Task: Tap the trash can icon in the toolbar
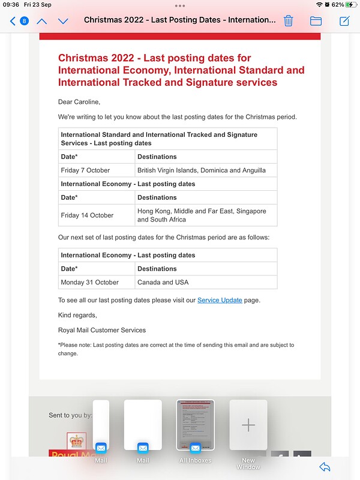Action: point(288,21)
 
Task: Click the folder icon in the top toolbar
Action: point(316,21)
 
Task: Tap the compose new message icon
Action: point(344,21)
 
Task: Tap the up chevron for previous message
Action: point(41,21)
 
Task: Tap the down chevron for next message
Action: point(63,21)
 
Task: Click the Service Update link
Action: point(220,300)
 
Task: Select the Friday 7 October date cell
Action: point(85,170)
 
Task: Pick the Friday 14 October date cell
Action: point(87,215)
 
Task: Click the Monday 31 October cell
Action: point(89,282)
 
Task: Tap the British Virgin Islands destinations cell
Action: point(201,170)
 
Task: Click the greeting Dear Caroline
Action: point(79,102)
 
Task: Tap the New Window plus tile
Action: point(248,425)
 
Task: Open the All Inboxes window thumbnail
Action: point(195,425)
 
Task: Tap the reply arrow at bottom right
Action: point(325,467)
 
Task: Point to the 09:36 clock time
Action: point(11,4)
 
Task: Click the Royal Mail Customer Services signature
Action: point(102,330)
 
